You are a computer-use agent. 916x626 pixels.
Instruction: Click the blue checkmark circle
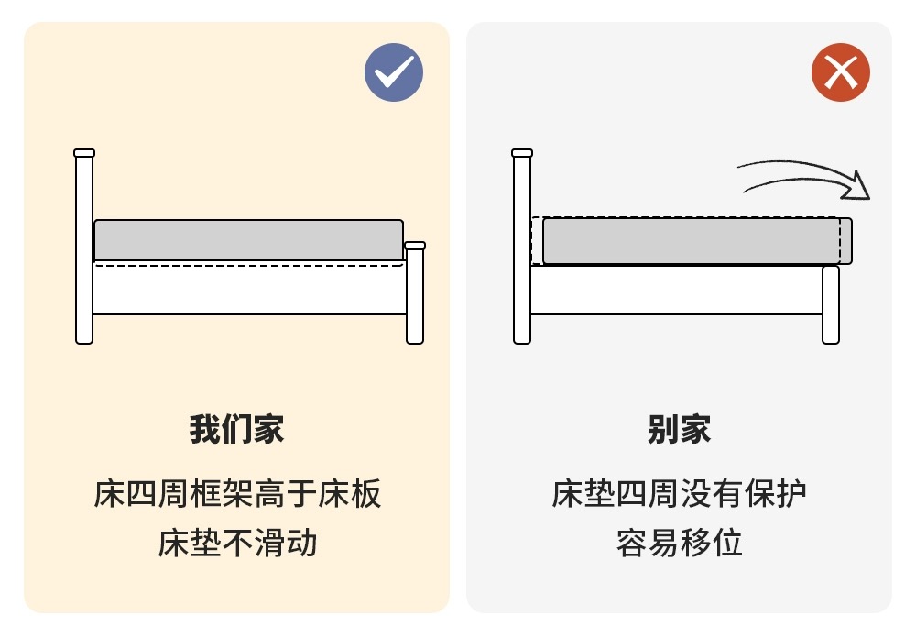click(x=394, y=72)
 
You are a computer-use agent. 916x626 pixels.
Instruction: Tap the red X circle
click(x=841, y=72)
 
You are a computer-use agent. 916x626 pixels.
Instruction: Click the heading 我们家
click(x=236, y=429)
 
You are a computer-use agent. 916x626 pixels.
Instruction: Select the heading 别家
click(x=680, y=429)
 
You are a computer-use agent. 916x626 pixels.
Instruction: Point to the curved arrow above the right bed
click(x=803, y=172)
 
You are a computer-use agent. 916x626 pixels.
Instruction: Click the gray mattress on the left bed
click(x=249, y=240)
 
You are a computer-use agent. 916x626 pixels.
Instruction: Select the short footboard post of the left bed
click(x=415, y=292)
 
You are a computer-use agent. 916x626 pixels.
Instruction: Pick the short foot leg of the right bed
click(x=831, y=304)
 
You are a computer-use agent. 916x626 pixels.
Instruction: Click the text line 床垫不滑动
click(x=237, y=543)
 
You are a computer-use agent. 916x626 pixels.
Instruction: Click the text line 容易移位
click(x=680, y=543)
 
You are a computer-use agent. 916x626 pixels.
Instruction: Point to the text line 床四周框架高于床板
click(x=237, y=493)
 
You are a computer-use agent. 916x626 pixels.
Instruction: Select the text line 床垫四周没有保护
click(x=680, y=493)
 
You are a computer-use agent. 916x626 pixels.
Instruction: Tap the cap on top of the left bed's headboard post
click(x=84, y=153)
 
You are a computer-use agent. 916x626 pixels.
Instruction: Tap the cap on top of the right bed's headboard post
click(x=522, y=153)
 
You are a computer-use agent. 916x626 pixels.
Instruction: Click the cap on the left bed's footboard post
click(x=415, y=246)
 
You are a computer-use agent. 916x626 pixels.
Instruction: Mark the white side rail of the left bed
click(x=249, y=288)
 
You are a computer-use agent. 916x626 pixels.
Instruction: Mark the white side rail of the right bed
click(x=677, y=290)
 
